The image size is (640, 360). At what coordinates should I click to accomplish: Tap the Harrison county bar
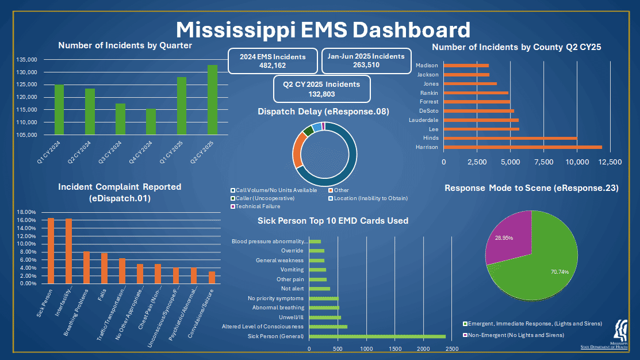click(523, 147)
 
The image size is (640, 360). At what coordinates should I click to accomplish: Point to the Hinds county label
click(431, 138)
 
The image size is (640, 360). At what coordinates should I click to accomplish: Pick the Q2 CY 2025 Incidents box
click(321, 89)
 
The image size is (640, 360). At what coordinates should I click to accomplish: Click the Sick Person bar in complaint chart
click(51, 251)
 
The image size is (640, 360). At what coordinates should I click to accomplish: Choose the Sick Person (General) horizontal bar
click(377, 336)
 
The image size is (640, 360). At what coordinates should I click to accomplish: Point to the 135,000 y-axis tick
click(26, 59)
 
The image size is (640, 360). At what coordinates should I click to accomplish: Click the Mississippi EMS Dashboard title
click(322, 29)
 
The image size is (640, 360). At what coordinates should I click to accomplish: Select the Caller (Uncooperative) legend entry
click(265, 198)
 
